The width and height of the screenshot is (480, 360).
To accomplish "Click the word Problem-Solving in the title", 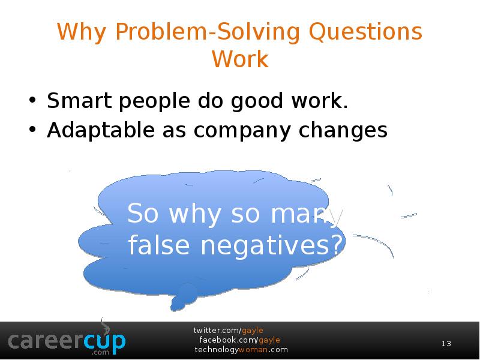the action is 208,32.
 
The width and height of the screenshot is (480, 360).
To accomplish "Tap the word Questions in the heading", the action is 366,32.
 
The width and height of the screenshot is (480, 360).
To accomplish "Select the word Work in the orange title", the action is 241,59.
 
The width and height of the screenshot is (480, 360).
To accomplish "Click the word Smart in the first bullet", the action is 79,100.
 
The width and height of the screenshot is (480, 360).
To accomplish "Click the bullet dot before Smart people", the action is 32,100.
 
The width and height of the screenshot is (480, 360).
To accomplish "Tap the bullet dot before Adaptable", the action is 32,130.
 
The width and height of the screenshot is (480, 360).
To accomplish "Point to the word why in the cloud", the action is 194,214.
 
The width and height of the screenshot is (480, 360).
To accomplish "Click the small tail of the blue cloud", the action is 183,297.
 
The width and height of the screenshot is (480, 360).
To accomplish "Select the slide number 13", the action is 446,343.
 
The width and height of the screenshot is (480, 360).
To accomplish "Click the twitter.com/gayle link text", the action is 228,331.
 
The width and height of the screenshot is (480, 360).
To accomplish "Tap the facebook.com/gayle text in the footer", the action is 239,340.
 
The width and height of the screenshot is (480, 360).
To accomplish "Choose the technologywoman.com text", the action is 241,350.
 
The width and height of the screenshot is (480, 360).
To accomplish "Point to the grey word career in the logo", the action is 46,341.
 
